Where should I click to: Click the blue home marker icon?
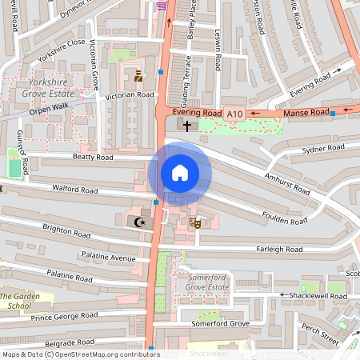click(180, 172)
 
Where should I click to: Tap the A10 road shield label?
click(234, 114)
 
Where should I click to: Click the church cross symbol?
click(187, 126)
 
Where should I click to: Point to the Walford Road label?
click(74, 190)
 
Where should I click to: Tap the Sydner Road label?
click(323, 150)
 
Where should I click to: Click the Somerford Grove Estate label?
click(207, 281)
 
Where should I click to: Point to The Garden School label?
click(21, 300)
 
